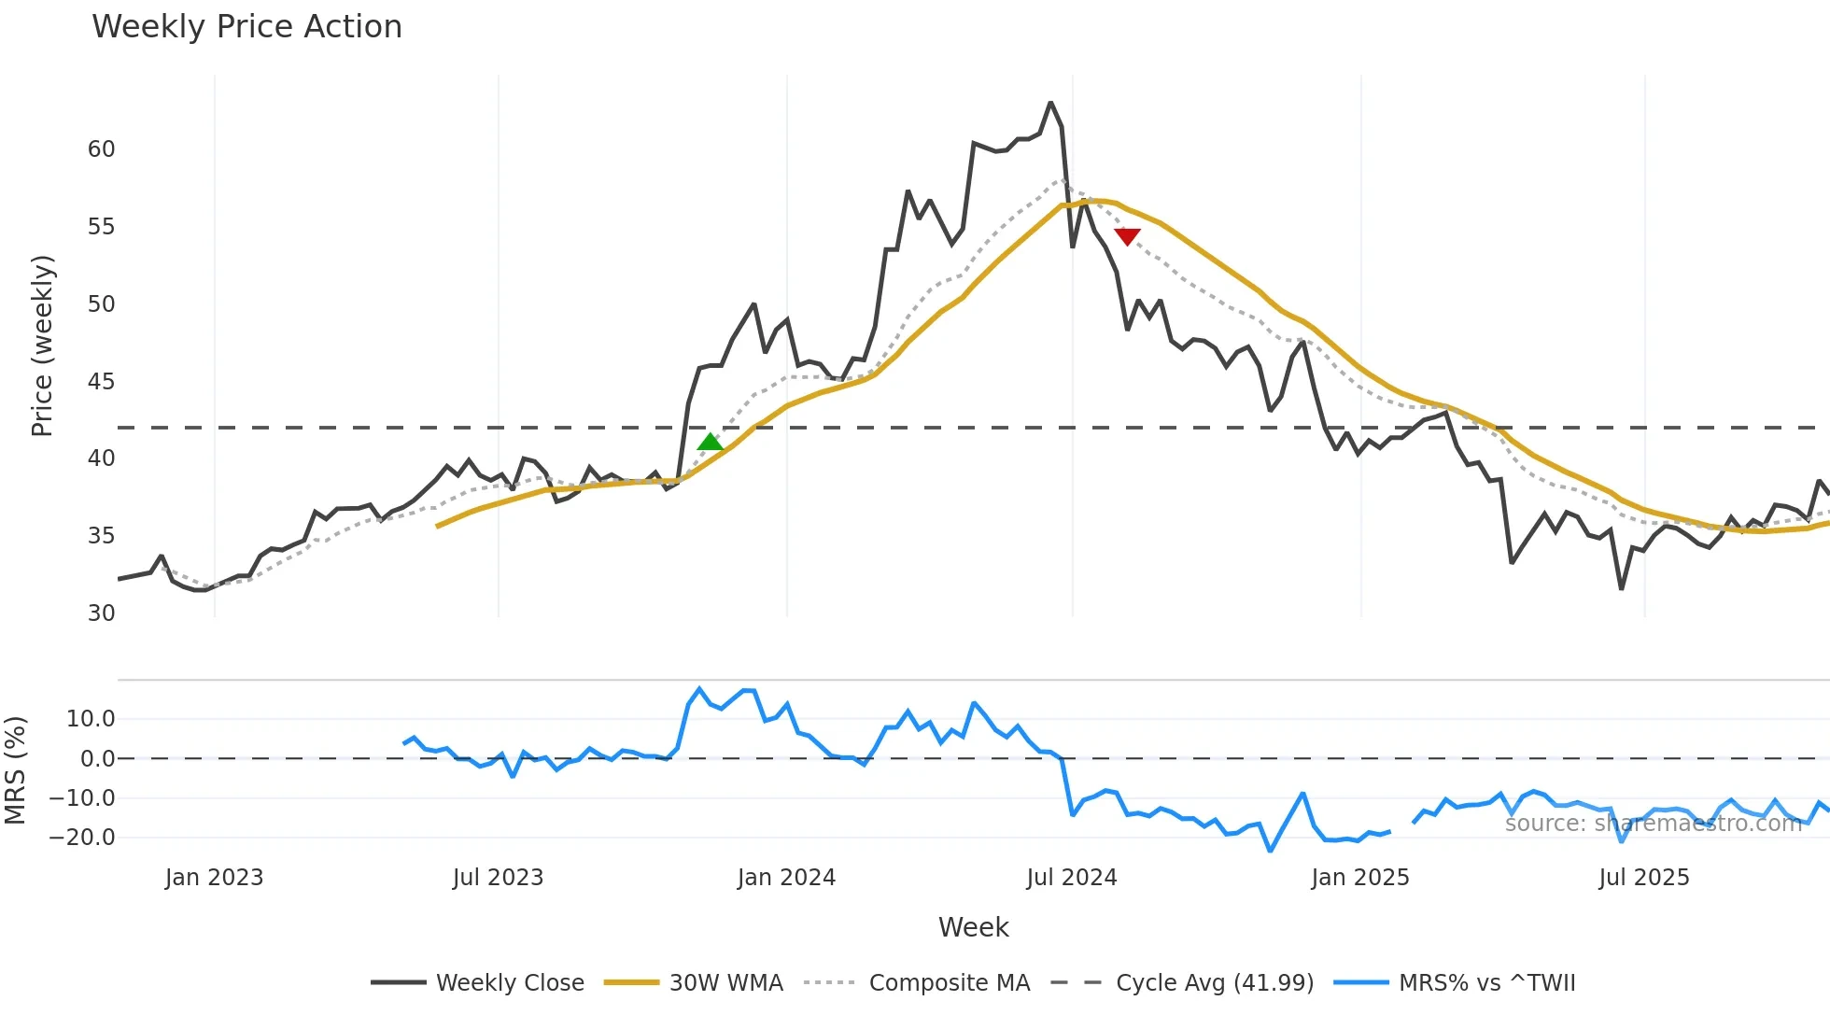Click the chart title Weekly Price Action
click(246, 27)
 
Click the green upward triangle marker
click(711, 443)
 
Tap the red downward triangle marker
click(1127, 236)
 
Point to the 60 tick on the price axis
click(102, 149)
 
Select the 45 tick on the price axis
click(102, 381)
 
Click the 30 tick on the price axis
click(102, 613)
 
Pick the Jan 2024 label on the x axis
click(786, 878)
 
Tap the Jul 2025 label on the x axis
click(1643, 878)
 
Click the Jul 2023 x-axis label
click(498, 878)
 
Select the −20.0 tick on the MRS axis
click(83, 838)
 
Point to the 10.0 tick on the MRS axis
click(91, 719)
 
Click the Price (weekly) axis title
click(43, 345)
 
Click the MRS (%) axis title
click(16, 770)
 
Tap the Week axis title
click(973, 927)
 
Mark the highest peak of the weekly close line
click(1050, 103)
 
